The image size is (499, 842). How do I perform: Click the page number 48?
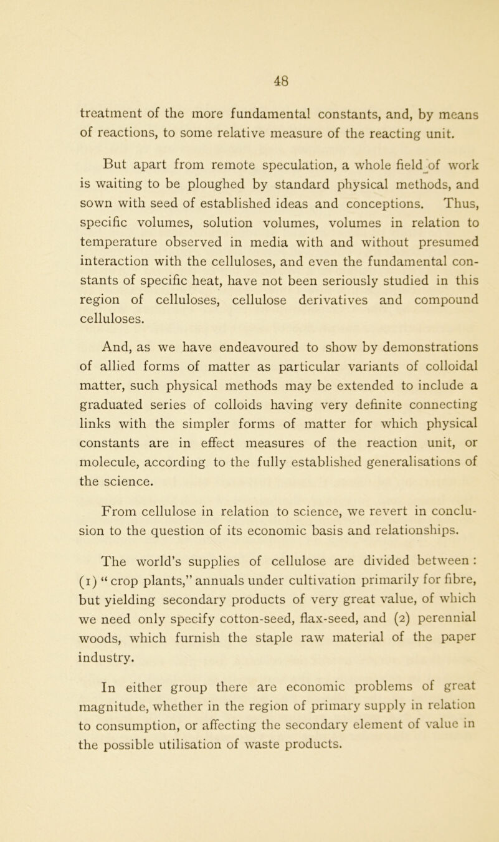(x=250, y=62)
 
